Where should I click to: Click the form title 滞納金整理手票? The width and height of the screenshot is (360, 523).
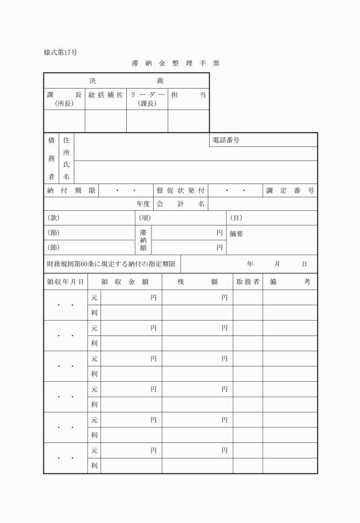tap(175, 63)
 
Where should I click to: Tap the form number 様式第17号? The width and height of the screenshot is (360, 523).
tap(61, 53)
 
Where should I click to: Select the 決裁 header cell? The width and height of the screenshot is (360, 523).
tap(126, 81)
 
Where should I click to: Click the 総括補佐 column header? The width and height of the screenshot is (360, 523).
tap(106, 95)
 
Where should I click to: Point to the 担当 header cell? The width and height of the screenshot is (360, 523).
tap(188, 95)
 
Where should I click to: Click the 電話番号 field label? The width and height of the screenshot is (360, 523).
tap(226, 140)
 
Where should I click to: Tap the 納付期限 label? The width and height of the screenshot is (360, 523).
tap(71, 190)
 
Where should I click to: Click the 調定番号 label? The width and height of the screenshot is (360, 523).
tap(290, 190)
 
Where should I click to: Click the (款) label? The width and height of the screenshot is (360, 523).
tap(53, 218)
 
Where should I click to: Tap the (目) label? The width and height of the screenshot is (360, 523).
tap(235, 218)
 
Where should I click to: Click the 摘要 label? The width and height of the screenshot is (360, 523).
tap(237, 234)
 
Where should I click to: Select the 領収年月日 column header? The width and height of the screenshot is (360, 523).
tap(66, 282)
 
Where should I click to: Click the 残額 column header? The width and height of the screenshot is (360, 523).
tap(197, 282)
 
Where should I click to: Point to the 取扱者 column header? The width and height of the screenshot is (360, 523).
tap(248, 282)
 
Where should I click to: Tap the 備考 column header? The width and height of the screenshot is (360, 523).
tap(290, 282)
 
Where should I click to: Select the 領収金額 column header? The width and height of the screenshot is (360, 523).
tap(125, 282)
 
